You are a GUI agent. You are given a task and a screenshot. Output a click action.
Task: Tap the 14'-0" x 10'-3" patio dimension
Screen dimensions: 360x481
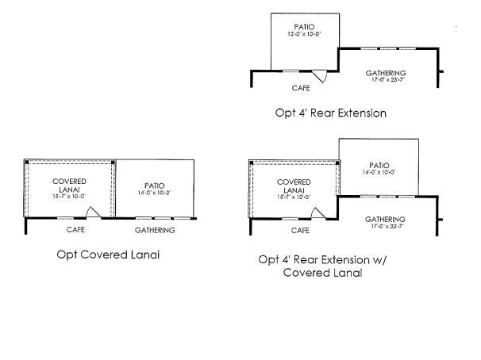point(155,192)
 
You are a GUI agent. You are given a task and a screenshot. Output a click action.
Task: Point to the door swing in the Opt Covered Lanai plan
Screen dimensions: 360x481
point(92,213)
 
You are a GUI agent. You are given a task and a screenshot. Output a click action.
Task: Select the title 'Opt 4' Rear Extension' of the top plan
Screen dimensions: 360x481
point(331,113)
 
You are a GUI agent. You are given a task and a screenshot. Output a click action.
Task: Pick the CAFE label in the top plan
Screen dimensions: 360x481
point(300,88)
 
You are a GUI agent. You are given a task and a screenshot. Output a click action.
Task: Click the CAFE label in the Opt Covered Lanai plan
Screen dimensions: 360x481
point(75,230)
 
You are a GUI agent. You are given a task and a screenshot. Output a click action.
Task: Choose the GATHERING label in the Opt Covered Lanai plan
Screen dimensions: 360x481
point(155,230)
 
